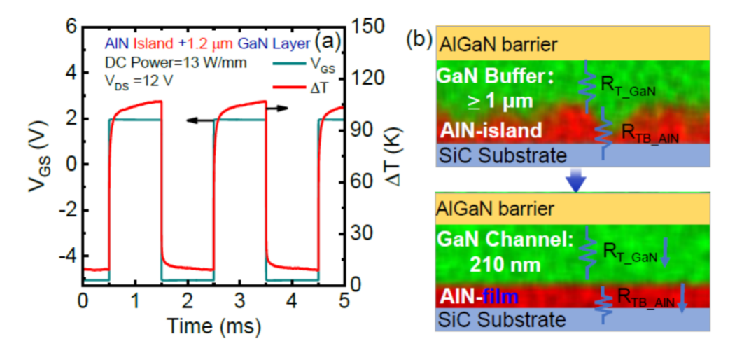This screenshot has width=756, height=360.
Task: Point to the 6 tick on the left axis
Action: (70, 27)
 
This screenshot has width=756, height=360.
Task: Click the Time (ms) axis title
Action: (213, 326)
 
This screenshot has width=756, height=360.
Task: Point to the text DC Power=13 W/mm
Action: (160, 62)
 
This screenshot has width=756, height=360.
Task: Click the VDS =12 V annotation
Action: (138, 80)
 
